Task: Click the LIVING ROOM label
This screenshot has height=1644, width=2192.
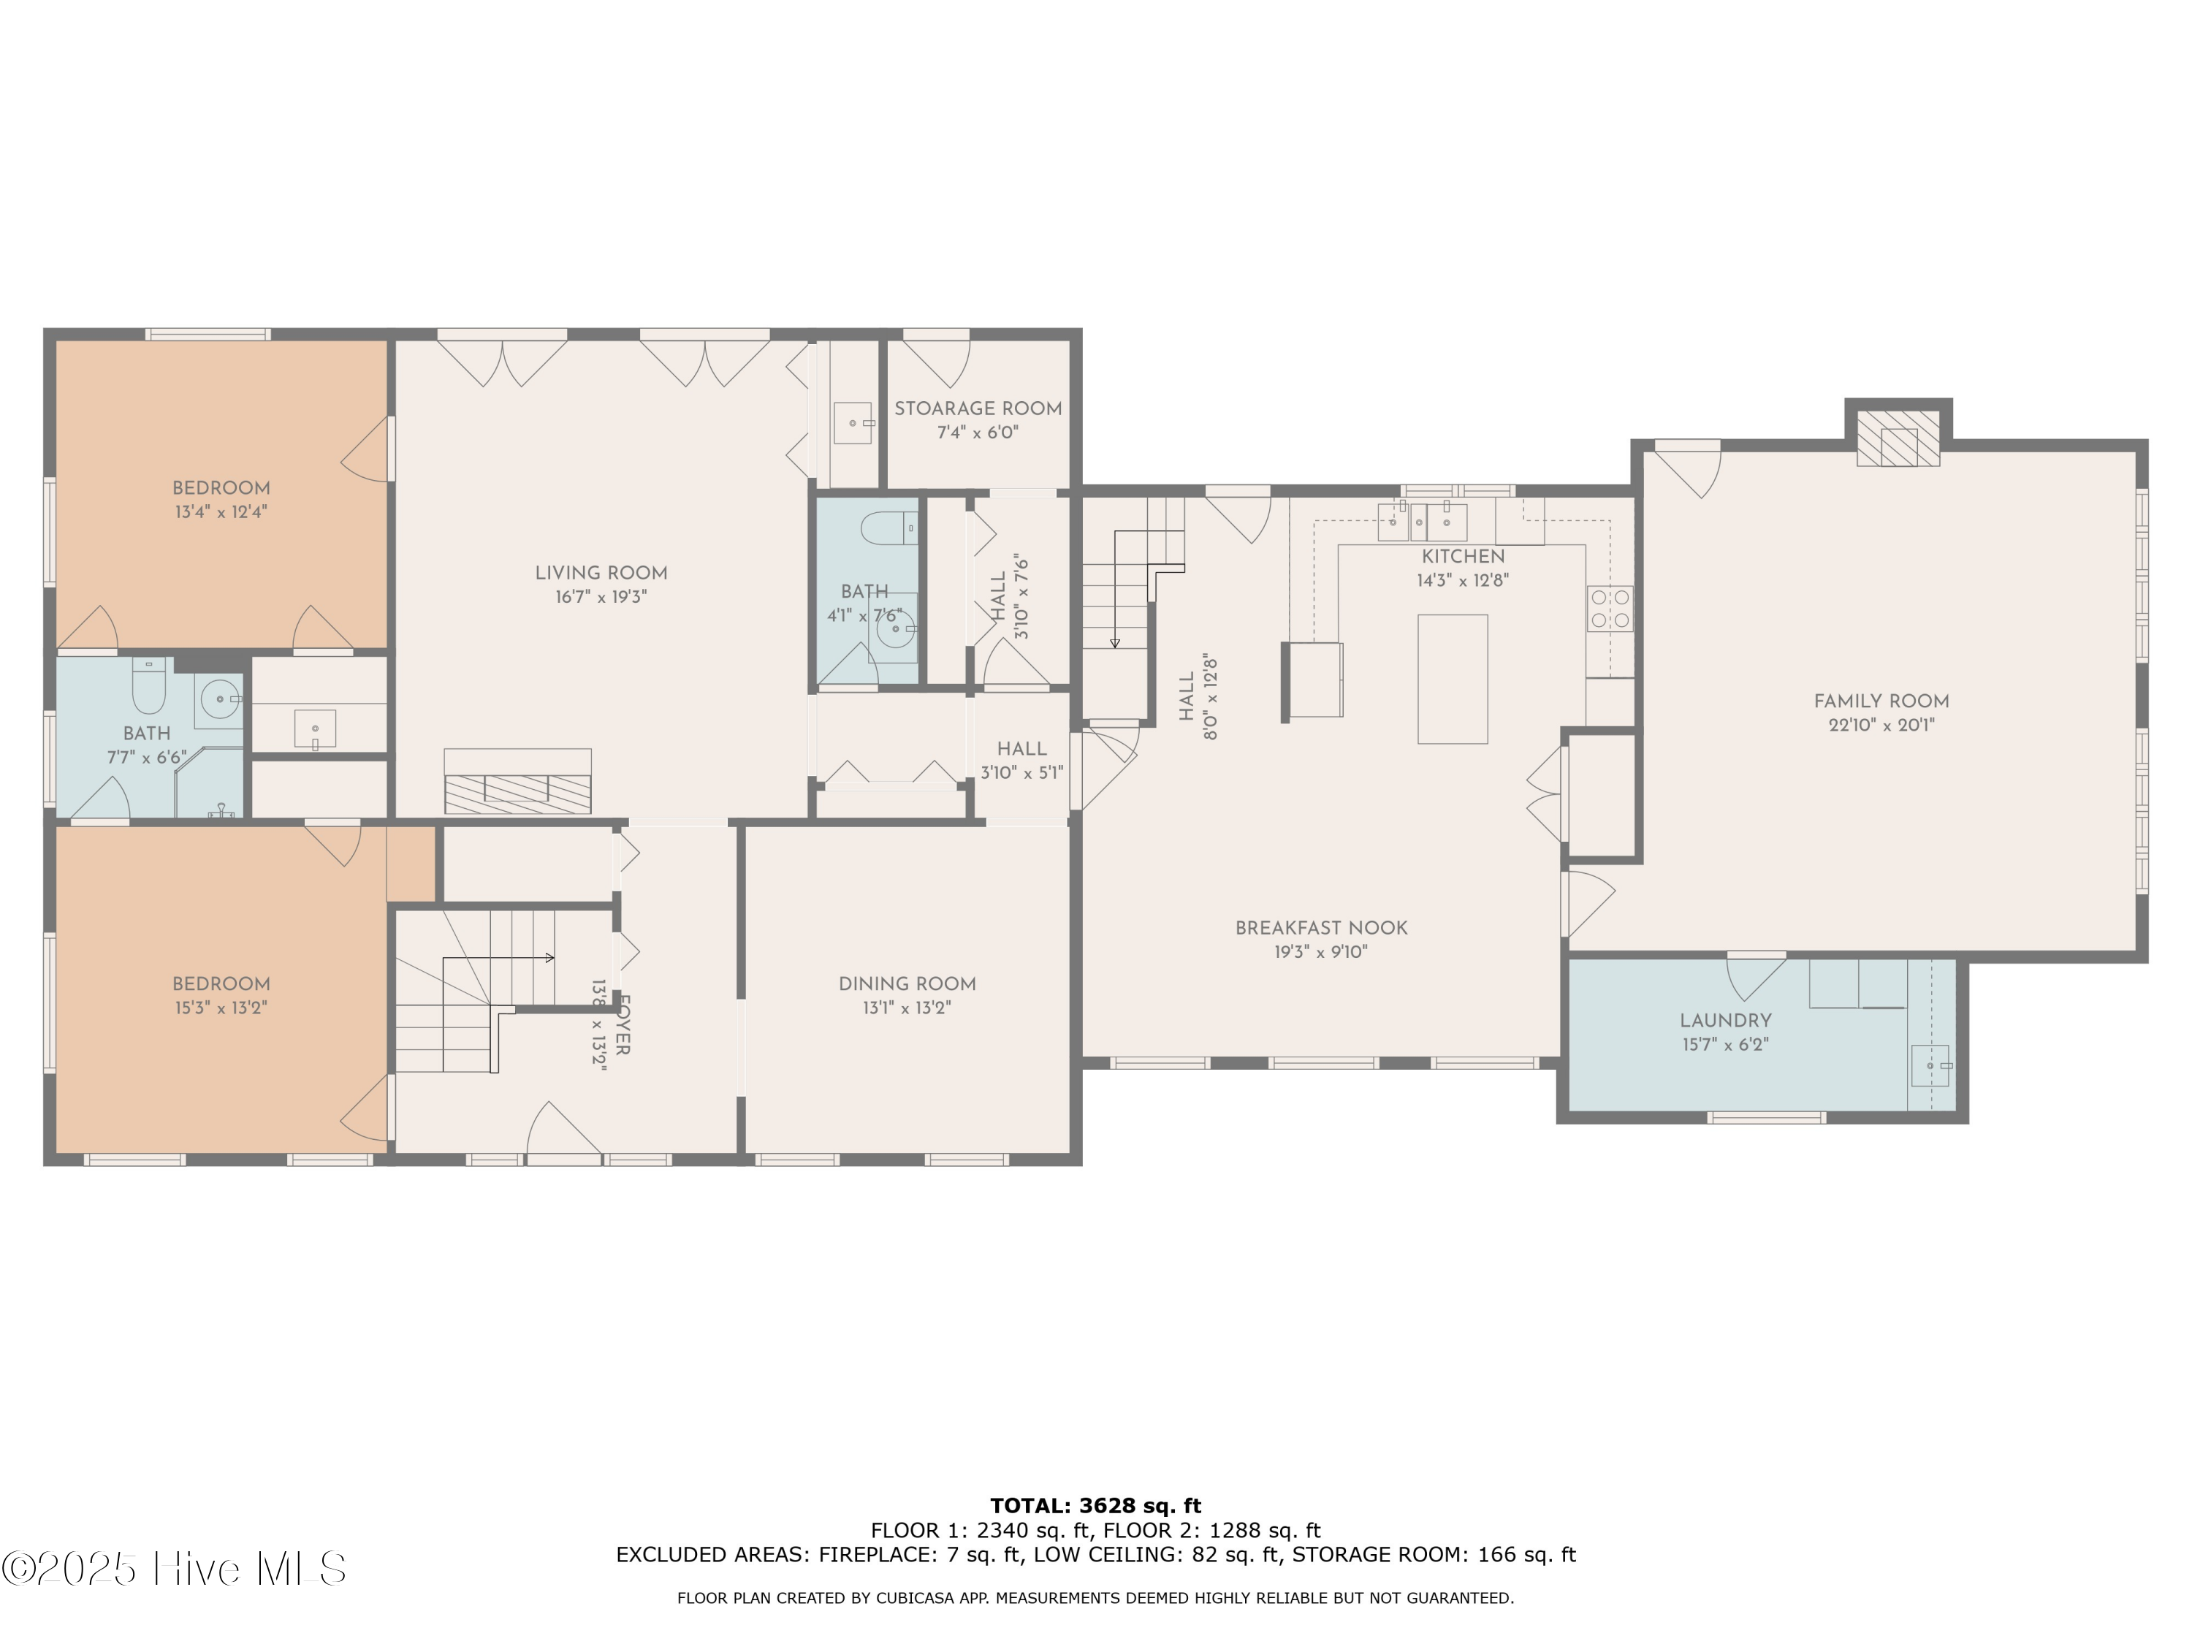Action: pyautogui.click(x=601, y=573)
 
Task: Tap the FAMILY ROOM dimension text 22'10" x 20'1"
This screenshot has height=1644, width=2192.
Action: pyautogui.click(x=1881, y=724)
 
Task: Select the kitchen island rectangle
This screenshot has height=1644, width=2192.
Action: pyautogui.click(x=1452, y=679)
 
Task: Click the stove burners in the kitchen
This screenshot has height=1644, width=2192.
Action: pyautogui.click(x=1610, y=609)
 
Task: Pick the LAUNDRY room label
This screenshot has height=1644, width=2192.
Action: pyautogui.click(x=1725, y=1021)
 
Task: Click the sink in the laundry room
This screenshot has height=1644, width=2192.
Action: pyautogui.click(x=1930, y=1065)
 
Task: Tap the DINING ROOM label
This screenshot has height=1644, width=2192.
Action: pyautogui.click(x=907, y=984)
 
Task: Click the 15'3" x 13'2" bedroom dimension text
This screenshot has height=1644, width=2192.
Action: pyautogui.click(x=220, y=1008)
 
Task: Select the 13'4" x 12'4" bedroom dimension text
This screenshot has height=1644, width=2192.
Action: pyautogui.click(x=220, y=512)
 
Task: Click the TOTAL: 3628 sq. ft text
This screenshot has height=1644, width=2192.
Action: pyautogui.click(x=1095, y=1506)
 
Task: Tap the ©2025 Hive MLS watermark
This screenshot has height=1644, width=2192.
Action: pyautogui.click(x=175, y=1569)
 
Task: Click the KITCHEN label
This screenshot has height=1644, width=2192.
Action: pyautogui.click(x=1463, y=557)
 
